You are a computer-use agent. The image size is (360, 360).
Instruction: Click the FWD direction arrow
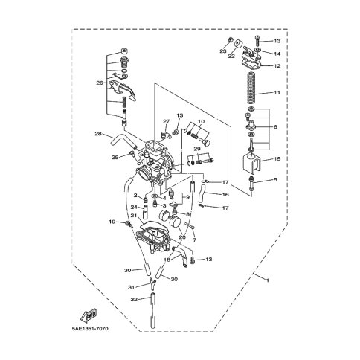(x=89, y=315)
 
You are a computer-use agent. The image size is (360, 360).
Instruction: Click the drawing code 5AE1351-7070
(x=90, y=329)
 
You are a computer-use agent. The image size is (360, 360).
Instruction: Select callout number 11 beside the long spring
(x=277, y=92)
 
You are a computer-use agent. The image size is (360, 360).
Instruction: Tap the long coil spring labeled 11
(x=251, y=88)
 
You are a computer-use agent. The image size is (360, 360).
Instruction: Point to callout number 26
(x=100, y=83)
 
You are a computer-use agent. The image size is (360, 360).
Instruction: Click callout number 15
(x=277, y=158)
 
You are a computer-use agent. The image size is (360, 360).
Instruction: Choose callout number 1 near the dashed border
(x=267, y=280)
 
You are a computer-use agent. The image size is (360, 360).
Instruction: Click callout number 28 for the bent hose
(x=98, y=134)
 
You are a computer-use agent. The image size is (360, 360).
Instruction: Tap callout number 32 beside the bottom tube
(x=134, y=300)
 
